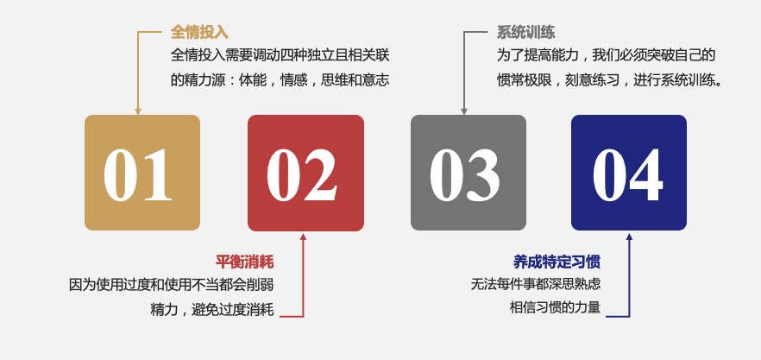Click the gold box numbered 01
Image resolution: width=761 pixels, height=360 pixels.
142,173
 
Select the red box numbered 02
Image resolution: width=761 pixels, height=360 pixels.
305,173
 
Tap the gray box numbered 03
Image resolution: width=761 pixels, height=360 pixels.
469,173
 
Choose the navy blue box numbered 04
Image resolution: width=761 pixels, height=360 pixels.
629,173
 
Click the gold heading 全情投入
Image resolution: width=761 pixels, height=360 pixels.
199,33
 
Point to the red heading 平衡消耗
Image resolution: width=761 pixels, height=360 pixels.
245,262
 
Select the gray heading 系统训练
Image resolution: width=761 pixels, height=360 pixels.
525,33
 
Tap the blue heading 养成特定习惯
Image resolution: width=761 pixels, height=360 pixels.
557,262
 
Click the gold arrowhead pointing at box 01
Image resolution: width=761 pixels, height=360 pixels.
138,111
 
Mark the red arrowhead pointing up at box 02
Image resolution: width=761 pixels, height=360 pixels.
304,237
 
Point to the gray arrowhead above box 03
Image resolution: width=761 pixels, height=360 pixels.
464,111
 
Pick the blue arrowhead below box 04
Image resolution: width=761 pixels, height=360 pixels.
630,237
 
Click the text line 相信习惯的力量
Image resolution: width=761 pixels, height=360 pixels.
556,307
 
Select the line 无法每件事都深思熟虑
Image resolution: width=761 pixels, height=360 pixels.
536,284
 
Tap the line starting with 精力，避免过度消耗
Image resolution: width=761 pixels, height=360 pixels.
212,309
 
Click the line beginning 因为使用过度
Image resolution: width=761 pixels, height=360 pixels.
172,285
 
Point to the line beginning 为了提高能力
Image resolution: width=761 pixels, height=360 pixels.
607,55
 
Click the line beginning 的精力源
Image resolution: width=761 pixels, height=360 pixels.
280,80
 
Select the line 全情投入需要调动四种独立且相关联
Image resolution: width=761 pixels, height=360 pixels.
280,55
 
